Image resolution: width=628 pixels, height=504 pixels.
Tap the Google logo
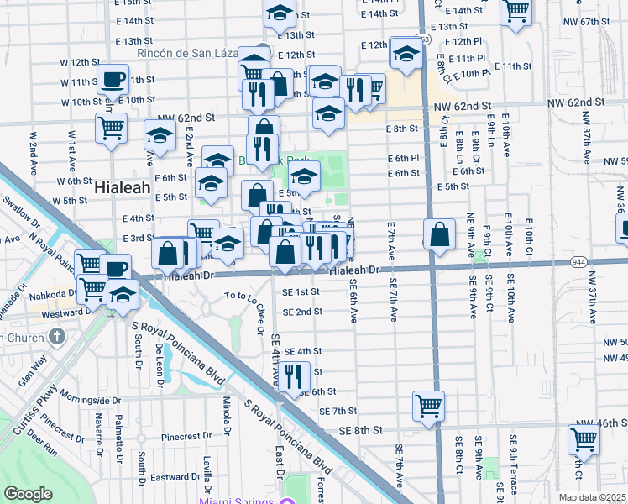click(x=28, y=494)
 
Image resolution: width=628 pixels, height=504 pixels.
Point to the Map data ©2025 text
click(x=593, y=497)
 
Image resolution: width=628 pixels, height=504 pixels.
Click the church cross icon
click(x=56, y=337)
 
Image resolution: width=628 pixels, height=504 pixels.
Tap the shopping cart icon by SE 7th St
click(x=428, y=406)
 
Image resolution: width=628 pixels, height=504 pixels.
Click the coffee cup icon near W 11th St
click(x=113, y=80)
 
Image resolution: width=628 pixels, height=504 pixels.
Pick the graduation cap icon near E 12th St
click(x=407, y=53)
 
